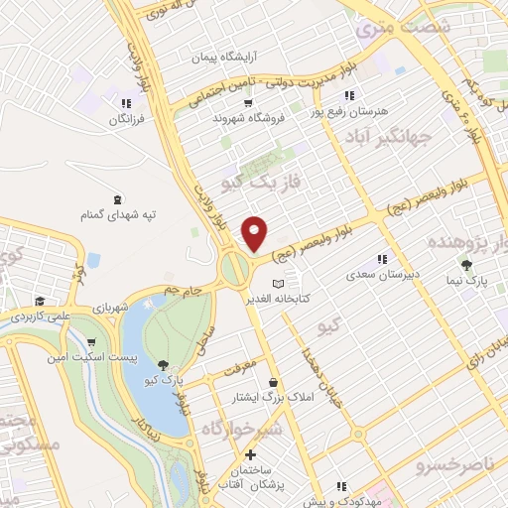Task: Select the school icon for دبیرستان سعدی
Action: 382,259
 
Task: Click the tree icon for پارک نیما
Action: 465,265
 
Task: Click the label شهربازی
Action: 108,308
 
